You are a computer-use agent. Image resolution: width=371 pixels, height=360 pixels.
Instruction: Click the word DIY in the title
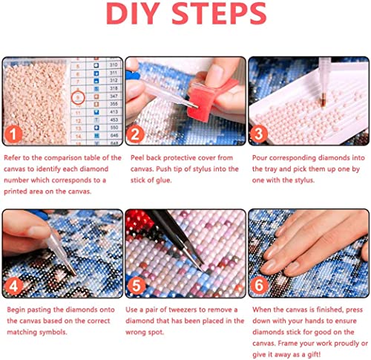coord(133,13)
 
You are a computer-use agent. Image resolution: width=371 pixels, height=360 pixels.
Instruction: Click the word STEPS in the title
coord(219,13)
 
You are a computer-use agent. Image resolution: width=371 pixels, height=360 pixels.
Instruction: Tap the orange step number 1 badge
coord(13,134)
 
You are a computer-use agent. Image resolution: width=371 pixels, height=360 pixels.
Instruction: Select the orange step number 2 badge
coord(135,134)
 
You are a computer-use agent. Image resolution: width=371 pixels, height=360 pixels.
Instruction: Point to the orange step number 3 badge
coord(258,134)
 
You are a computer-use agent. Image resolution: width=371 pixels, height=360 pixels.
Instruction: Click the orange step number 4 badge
coord(13,286)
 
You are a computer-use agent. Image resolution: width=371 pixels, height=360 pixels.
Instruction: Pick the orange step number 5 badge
coord(136,286)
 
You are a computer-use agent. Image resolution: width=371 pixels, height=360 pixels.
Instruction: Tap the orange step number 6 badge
coord(259,285)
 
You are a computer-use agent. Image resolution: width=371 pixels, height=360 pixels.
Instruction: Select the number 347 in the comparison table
coord(114,96)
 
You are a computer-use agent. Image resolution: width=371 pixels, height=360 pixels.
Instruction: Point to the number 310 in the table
coord(114,65)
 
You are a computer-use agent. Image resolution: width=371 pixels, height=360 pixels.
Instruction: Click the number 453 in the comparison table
coord(114,120)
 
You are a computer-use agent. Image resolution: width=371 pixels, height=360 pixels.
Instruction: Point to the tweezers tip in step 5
coord(203,269)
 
